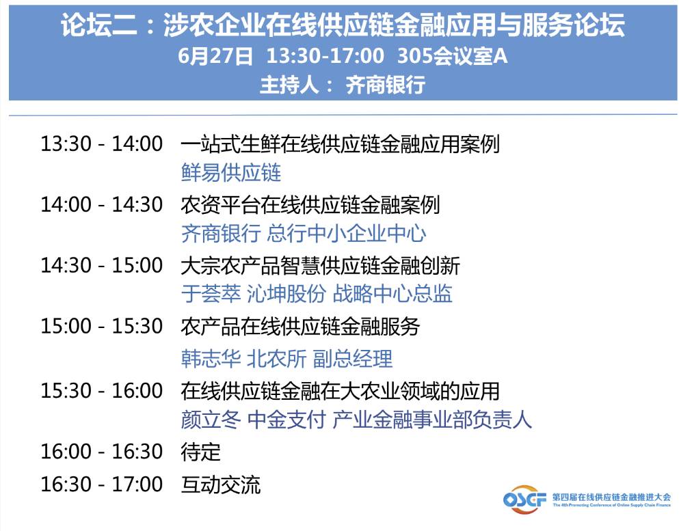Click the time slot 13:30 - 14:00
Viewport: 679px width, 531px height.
pyautogui.click(x=102, y=144)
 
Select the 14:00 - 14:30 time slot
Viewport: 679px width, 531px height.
pyautogui.click(x=102, y=204)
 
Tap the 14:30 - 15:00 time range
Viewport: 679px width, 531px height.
pyautogui.click(x=102, y=265)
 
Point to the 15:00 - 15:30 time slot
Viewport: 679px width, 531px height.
pyautogui.click(x=102, y=326)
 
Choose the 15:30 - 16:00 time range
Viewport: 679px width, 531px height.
pyautogui.click(x=102, y=390)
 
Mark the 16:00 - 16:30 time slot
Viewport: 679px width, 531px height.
pyautogui.click(x=102, y=451)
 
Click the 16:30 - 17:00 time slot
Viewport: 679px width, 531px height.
pyautogui.click(x=102, y=484)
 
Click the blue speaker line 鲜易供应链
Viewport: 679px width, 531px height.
pyautogui.click(x=231, y=173)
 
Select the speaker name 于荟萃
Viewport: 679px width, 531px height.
pyautogui.click(x=211, y=294)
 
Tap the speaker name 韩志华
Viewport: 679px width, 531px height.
pyautogui.click(x=211, y=359)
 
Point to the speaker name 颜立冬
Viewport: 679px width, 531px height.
pyautogui.click(x=211, y=420)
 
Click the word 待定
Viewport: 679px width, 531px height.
pyautogui.click(x=200, y=452)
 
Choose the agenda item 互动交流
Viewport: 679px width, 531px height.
pyautogui.click(x=221, y=485)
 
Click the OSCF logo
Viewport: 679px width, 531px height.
pyautogui.click(x=524, y=500)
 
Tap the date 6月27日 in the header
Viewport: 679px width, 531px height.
pyautogui.click(x=215, y=56)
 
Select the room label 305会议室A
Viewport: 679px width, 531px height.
pyautogui.click(x=452, y=56)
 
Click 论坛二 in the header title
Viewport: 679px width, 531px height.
pyautogui.click(x=98, y=25)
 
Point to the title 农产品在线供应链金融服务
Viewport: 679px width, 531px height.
pyautogui.click(x=300, y=327)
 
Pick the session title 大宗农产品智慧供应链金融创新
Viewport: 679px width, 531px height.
pyautogui.click(x=321, y=266)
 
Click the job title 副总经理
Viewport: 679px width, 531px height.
pyautogui.click(x=352, y=359)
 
